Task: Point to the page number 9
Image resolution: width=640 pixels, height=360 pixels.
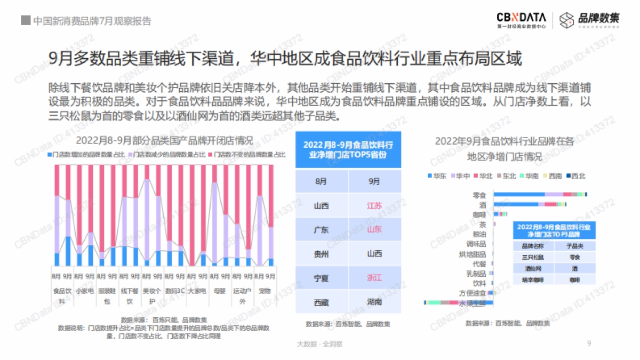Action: coord(589,343)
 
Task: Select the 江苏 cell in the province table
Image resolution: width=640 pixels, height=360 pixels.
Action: coord(374,205)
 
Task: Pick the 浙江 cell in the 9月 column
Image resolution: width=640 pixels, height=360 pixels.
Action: coord(374,278)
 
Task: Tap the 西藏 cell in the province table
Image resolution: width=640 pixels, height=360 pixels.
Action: coord(321,302)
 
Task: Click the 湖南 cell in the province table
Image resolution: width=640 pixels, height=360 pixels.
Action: coord(374,302)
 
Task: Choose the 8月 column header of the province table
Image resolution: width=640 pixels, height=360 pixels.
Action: coord(321,181)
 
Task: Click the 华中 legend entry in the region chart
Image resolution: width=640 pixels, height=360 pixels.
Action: coord(461,175)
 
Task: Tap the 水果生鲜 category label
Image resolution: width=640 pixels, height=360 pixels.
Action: coord(473,303)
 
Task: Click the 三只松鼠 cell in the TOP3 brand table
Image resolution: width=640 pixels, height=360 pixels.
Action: coord(531,257)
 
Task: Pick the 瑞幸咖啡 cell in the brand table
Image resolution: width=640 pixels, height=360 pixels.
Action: coord(531,279)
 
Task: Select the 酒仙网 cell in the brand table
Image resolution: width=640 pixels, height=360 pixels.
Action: coord(531,268)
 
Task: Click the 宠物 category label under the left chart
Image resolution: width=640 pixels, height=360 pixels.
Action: coord(265,291)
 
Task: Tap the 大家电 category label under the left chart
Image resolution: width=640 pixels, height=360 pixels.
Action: coord(197,291)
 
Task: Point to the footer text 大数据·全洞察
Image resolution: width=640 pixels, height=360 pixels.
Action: coord(320,344)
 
